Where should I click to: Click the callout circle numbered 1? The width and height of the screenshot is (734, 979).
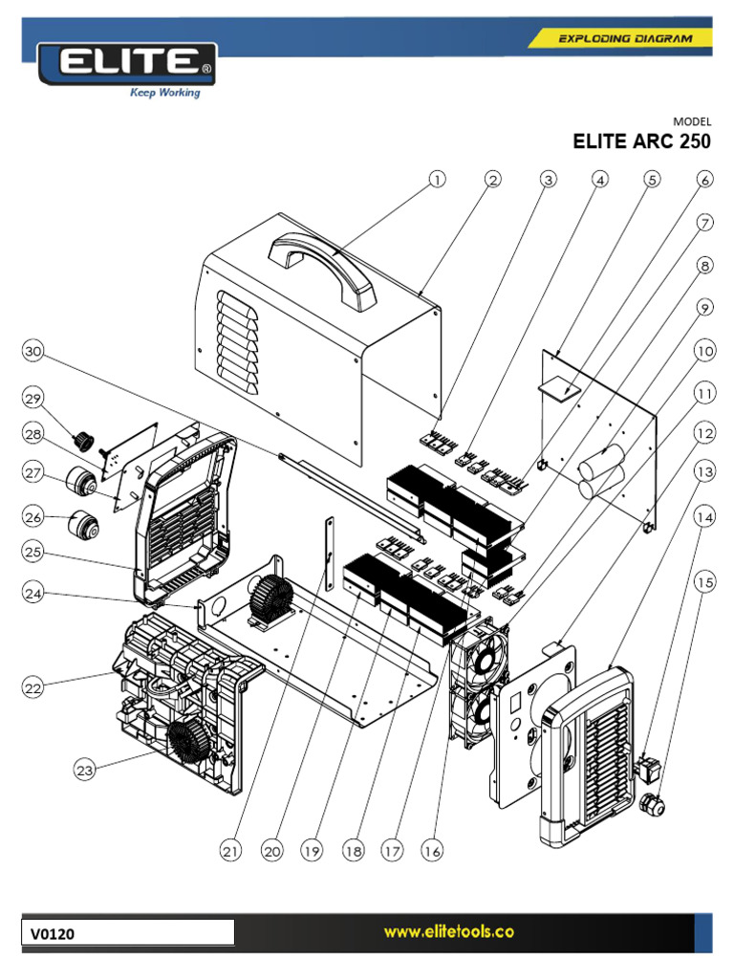(437, 179)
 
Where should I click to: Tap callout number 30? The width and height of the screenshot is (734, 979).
(34, 352)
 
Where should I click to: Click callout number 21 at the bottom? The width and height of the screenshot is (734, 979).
(230, 850)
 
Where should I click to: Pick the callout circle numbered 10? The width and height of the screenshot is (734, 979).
(704, 351)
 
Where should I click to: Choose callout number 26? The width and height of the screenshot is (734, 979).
(34, 517)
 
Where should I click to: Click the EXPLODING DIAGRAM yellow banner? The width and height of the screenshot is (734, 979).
(621, 38)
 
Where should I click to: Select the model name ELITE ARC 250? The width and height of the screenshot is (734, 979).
(641, 142)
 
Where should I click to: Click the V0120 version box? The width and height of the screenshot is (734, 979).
(129, 932)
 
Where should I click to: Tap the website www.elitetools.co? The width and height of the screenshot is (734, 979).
(443, 932)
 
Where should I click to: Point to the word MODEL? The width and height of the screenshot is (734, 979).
(692, 121)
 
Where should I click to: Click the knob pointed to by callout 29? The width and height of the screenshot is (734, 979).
(84, 440)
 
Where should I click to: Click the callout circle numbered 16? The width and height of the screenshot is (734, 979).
(433, 850)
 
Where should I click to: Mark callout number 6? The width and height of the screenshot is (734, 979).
(704, 179)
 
